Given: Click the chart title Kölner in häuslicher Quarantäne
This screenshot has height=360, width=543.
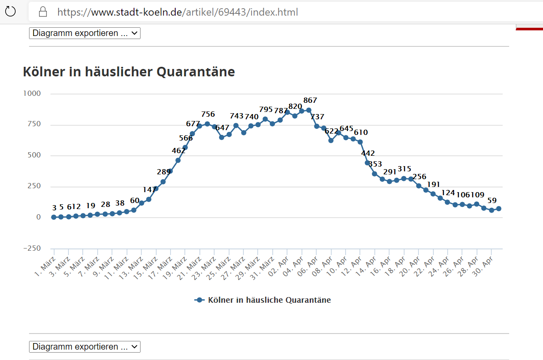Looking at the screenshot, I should tap(129, 72).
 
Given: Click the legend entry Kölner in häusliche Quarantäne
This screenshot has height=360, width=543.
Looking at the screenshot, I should tap(269, 300).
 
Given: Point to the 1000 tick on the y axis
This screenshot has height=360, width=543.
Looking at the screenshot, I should tap(32, 94).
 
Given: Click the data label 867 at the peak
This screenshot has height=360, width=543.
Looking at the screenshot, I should tap(310, 101).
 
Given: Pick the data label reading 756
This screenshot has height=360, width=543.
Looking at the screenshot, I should tap(208, 115).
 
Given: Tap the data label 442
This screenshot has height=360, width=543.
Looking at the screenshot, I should tap(368, 153).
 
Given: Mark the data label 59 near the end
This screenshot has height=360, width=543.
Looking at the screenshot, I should tap(492, 200).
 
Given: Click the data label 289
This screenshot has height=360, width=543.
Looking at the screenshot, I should tap(164, 172).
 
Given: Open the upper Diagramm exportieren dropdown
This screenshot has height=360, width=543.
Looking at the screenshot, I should tap(85, 33).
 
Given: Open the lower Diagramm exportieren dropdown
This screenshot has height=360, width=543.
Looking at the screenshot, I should tap(85, 347).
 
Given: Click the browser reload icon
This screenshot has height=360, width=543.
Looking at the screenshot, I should tap(10, 12).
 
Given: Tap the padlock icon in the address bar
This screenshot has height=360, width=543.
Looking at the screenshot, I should tap(43, 12).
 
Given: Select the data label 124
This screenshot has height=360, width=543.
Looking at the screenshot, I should tap(449, 193).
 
